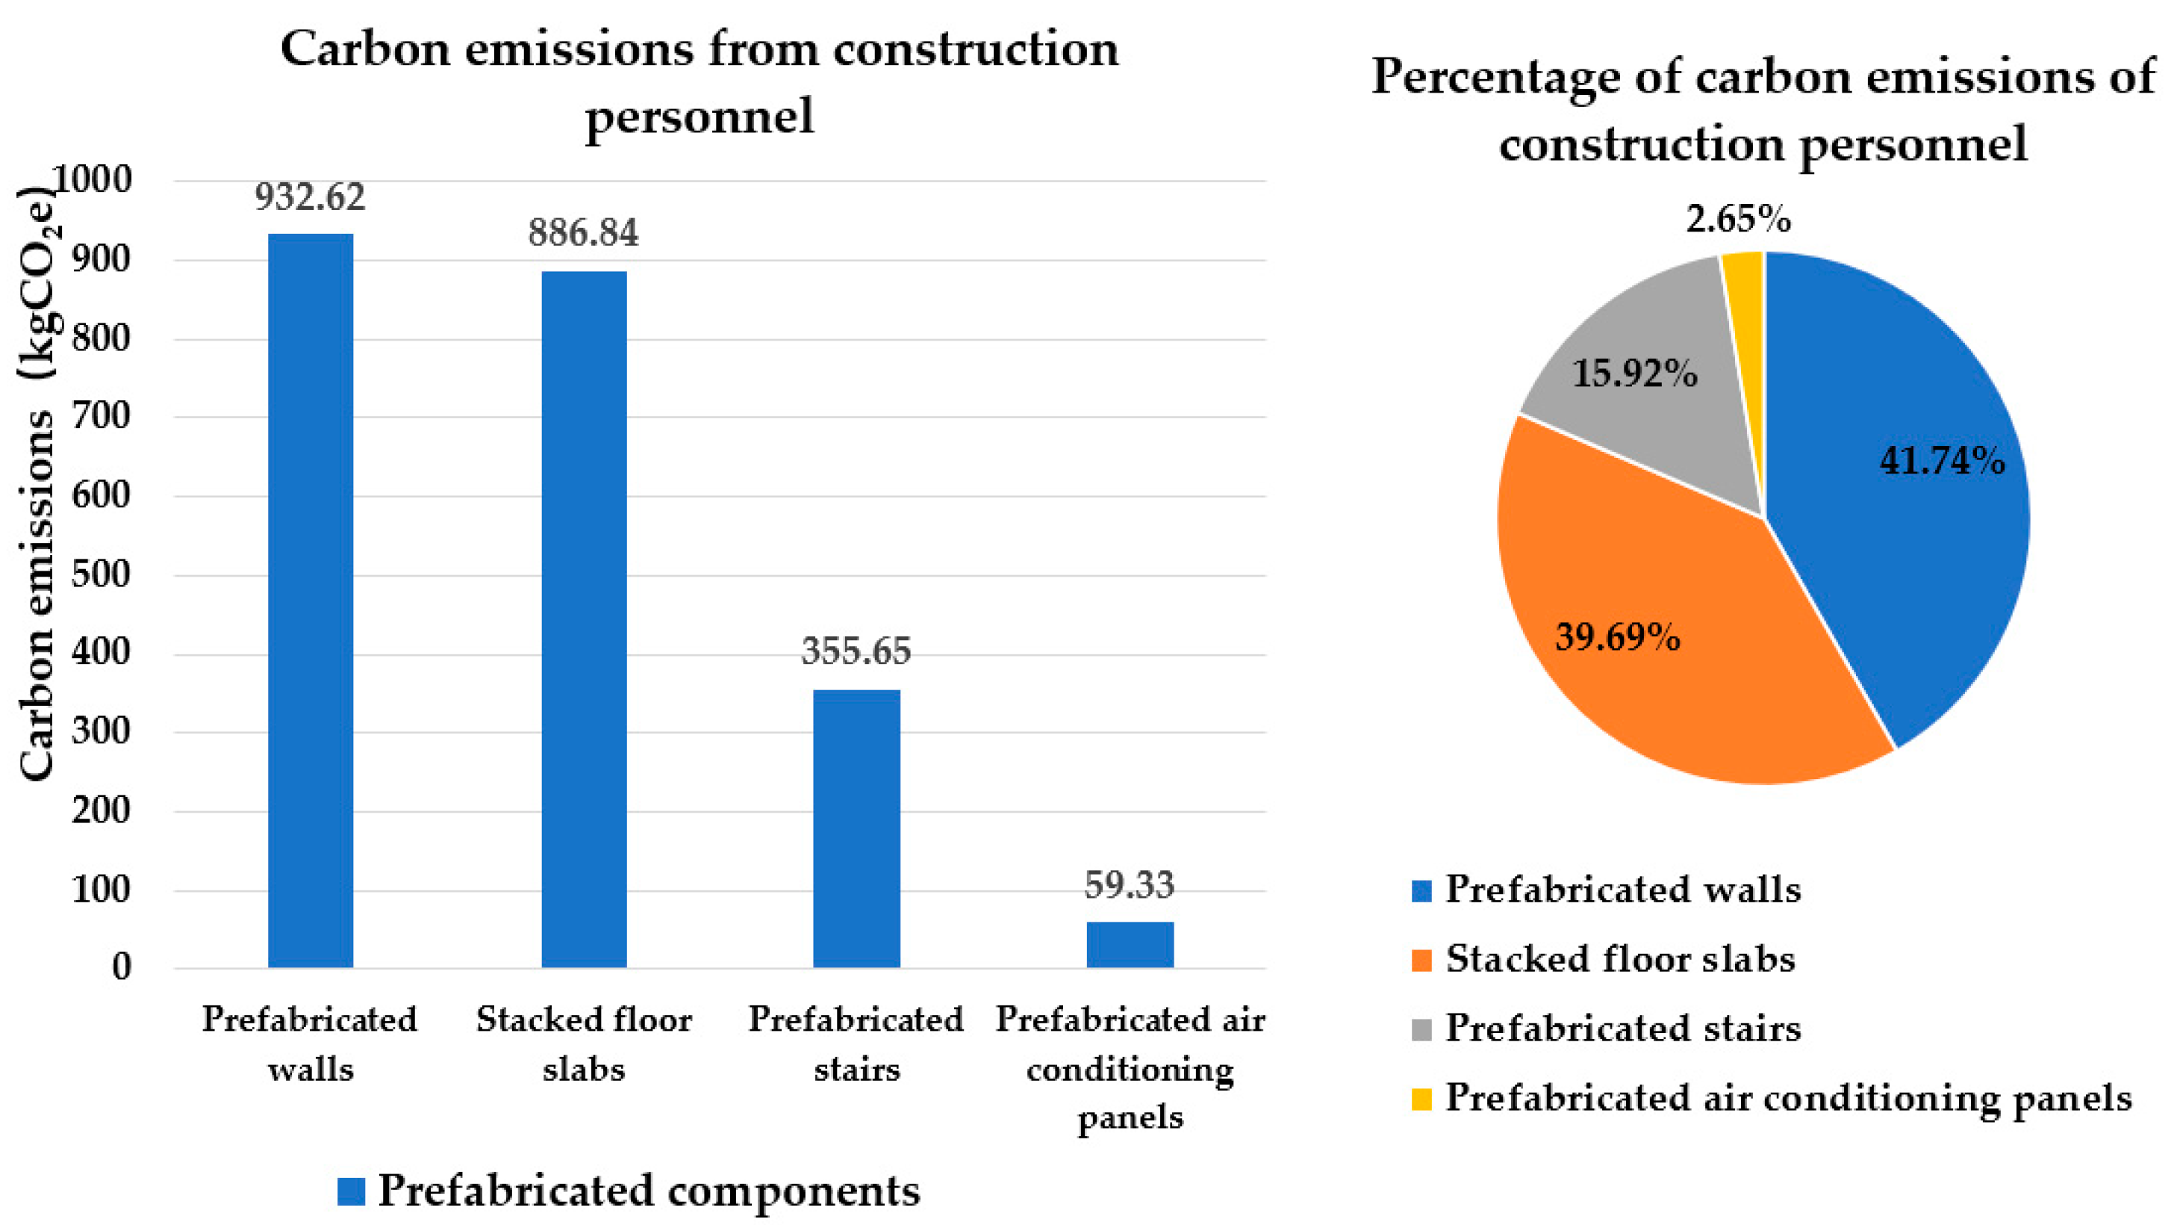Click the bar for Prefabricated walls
310,601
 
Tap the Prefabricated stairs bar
856,828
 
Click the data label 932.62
310,197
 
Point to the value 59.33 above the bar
1129,885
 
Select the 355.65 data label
856,651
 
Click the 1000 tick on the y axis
93,179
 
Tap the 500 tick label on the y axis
101,574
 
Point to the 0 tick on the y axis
122,967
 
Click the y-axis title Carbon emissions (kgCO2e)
38,482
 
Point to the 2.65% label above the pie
1738,220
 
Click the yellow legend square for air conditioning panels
1421,1099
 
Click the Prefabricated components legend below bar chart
629,1191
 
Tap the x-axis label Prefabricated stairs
856,1044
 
